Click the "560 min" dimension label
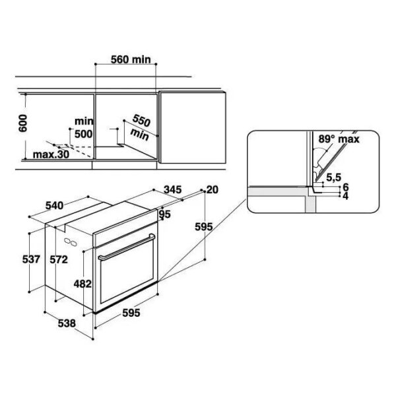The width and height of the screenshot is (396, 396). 131,59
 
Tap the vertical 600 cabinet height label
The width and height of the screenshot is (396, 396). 22,123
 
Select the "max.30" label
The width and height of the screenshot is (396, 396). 51,154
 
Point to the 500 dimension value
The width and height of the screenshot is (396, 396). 84,134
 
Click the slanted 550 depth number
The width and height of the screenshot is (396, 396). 141,121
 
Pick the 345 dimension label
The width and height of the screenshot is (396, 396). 172,189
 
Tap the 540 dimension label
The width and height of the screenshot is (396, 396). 54,205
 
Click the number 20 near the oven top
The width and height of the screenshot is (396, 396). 213,189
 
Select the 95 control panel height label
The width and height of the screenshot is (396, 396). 165,214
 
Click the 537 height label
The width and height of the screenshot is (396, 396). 31,259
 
